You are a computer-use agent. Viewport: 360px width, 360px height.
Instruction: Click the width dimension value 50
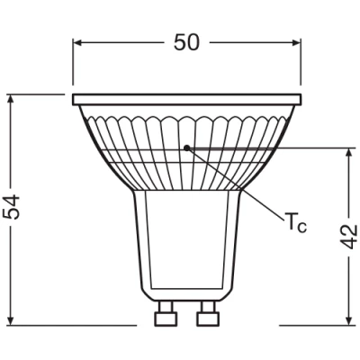tap(187, 41)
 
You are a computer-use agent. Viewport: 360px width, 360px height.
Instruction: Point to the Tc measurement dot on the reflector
tap(186, 145)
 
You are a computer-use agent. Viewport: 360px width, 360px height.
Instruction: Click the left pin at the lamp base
tap(165, 317)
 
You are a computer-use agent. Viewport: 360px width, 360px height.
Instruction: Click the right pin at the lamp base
tap(207, 317)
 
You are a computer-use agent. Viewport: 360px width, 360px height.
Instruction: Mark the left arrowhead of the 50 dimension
tap(79, 41)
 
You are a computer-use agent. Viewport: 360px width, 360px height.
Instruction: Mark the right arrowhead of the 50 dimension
tap(294, 41)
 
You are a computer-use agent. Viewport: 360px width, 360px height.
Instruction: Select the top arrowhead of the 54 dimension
tap(13, 98)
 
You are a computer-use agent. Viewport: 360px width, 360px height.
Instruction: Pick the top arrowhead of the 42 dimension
tap(349, 152)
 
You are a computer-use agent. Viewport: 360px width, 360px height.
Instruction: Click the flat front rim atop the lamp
tap(186, 97)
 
